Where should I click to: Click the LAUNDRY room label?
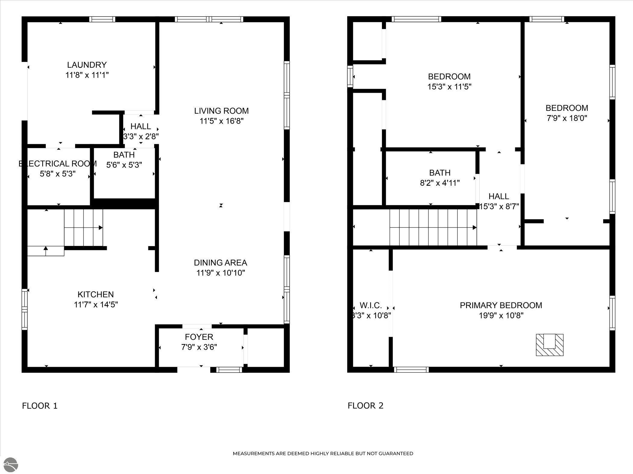(87, 65)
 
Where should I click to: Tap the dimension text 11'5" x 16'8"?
(221, 121)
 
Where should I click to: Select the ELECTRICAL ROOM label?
(58, 164)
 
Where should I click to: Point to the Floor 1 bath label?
(124, 155)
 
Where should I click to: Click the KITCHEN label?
(96, 294)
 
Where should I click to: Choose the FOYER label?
(199, 337)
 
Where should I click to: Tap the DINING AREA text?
(220, 263)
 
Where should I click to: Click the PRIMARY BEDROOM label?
(501, 305)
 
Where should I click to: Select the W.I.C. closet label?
(371, 305)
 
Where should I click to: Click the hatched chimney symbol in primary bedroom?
(549, 345)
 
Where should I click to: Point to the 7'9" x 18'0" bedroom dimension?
(567, 118)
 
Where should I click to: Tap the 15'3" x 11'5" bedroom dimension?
(449, 87)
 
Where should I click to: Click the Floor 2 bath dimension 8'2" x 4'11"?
(440, 183)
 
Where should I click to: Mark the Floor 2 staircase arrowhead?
(474, 227)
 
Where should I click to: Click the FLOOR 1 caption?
(39, 406)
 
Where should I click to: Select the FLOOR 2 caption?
(365, 406)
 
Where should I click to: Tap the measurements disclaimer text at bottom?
(323, 454)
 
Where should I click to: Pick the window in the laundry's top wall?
(102, 19)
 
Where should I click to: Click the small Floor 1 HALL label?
(141, 126)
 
